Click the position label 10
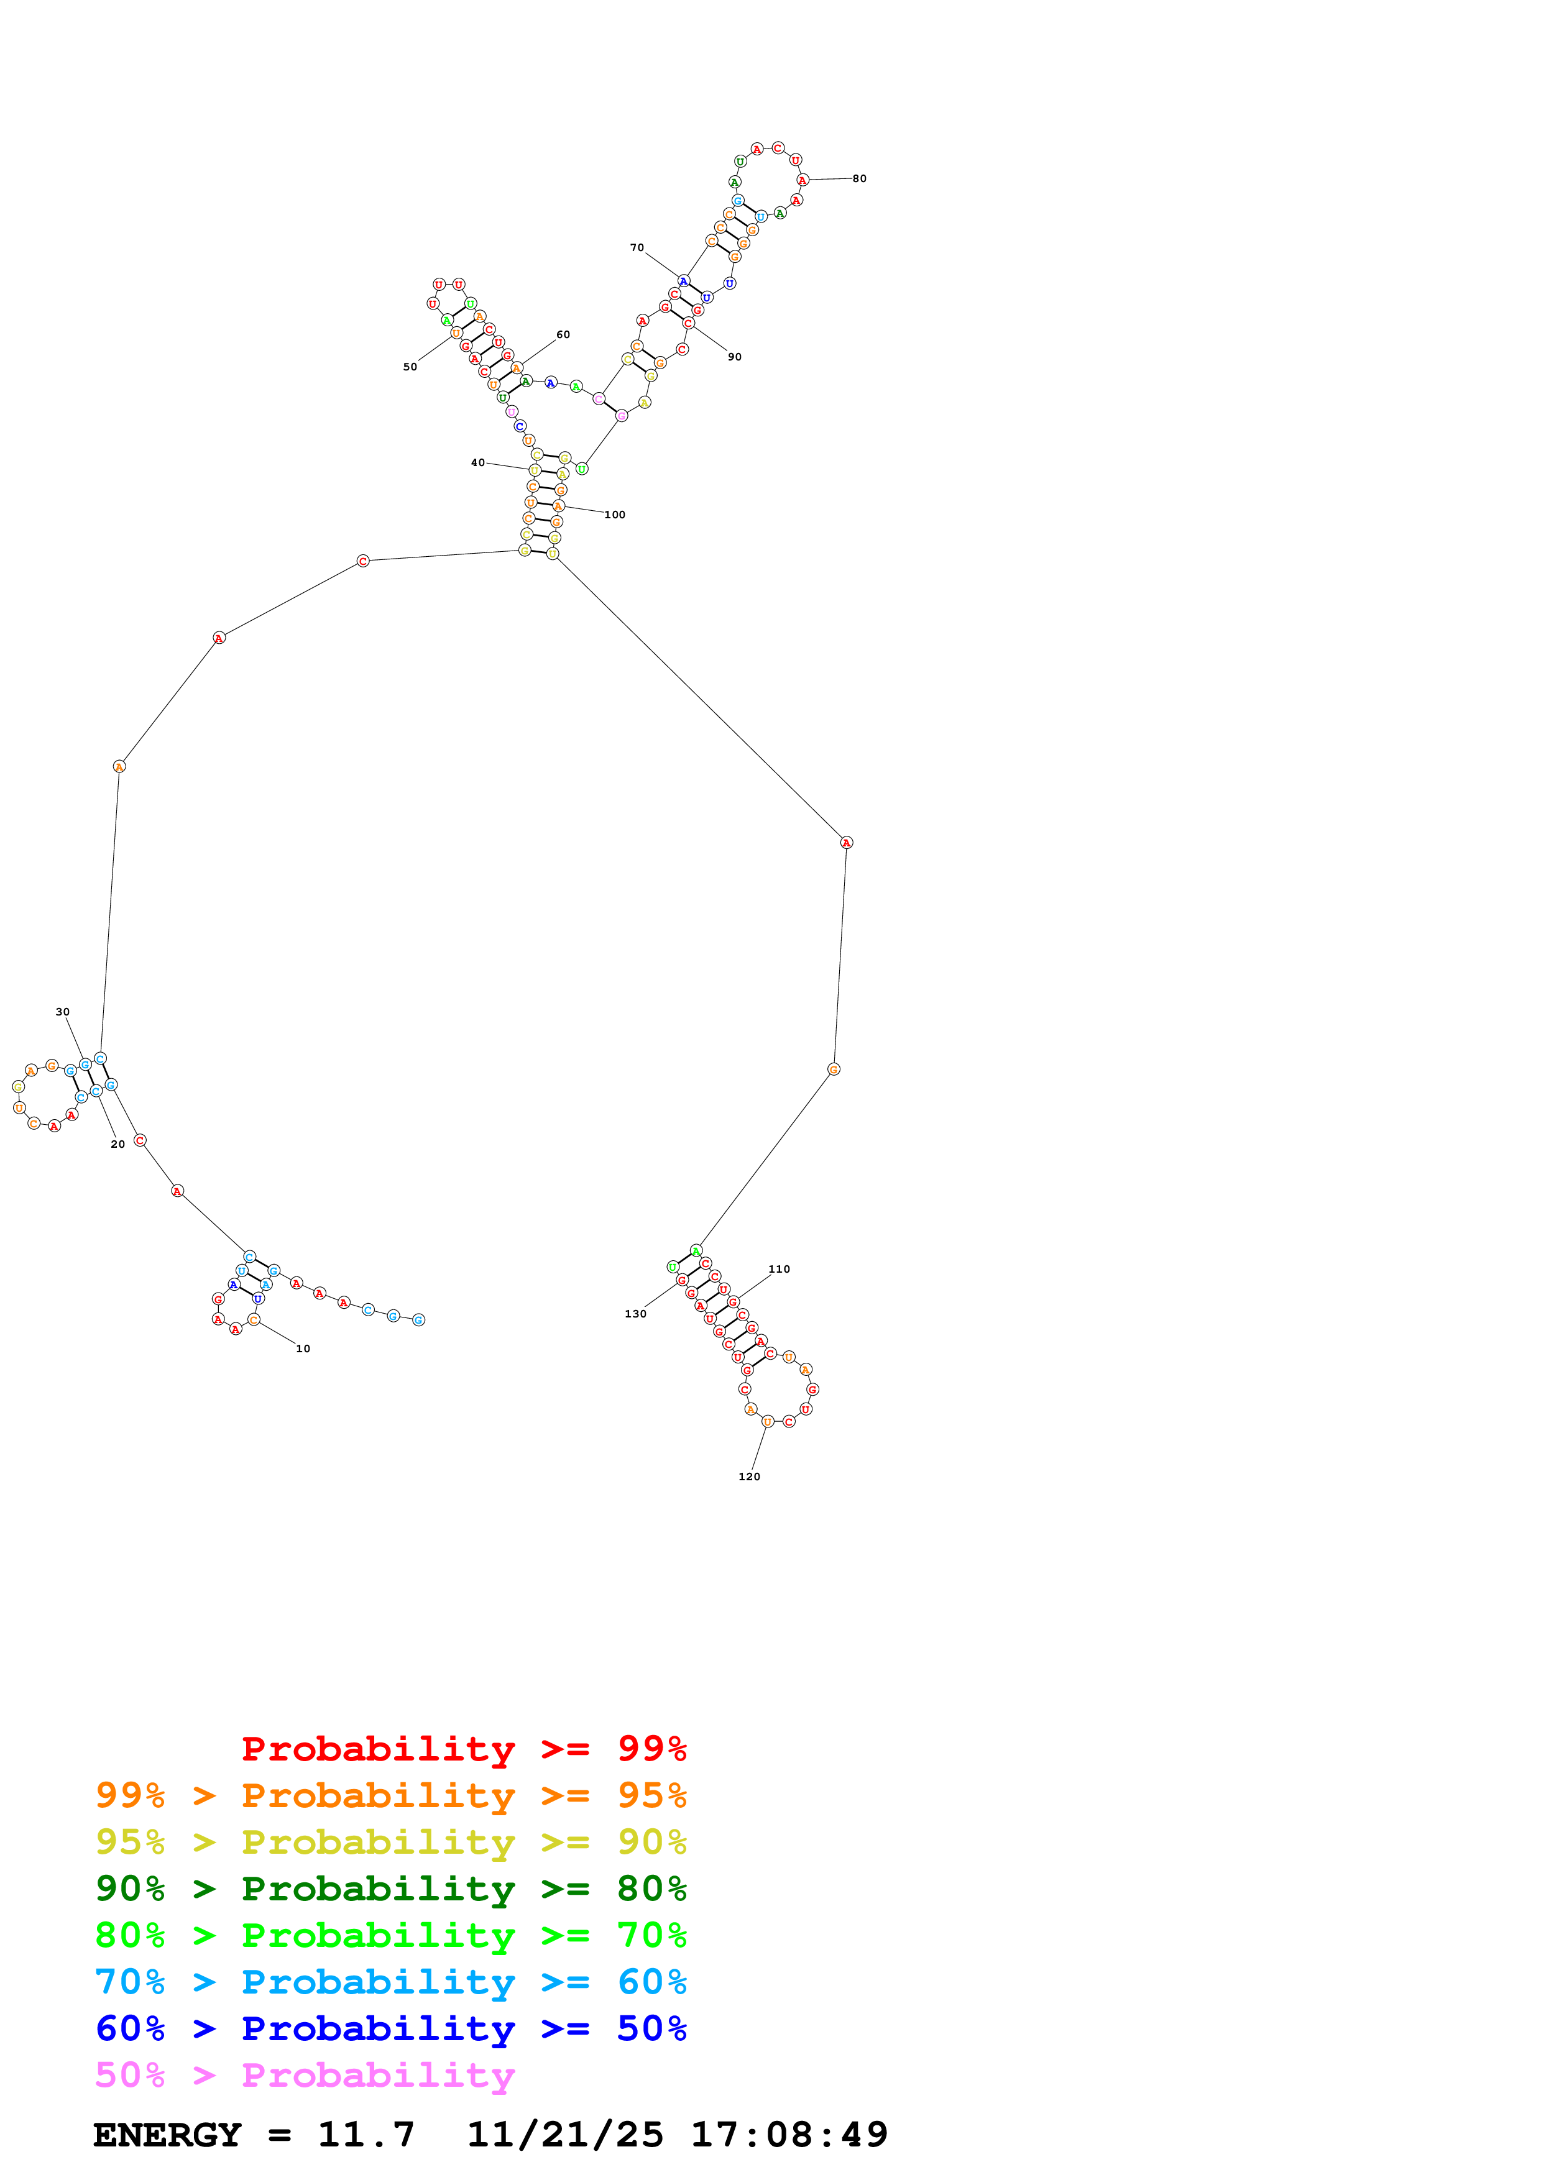point(303,1349)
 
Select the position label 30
point(63,1012)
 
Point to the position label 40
point(477,464)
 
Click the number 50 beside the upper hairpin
point(410,367)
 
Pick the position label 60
point(563,335)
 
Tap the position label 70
point(637,248)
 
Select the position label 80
point(859,178)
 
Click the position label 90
point(735,357)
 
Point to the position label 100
point(615,516)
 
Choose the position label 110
point(780,1270)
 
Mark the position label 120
point(749,1477)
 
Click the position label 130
point(635,1314)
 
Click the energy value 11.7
point(367,2135)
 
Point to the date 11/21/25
point(565,2135)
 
